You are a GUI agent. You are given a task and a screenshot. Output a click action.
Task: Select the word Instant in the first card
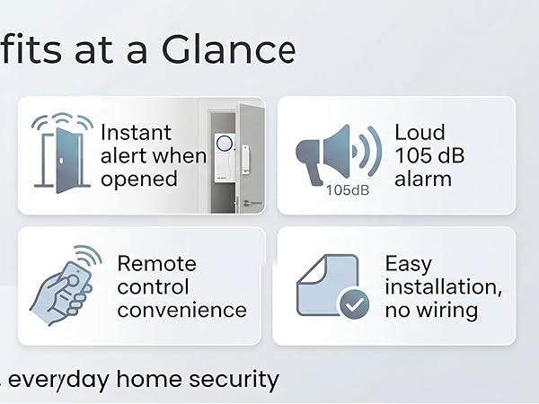[x=135, y=132]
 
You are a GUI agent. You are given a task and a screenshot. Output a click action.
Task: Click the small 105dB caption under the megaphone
[x=348, y=189]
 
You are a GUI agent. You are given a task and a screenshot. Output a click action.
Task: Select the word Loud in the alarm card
[x=419, y=132]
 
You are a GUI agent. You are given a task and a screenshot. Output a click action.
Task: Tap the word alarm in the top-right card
[x=423, y=179]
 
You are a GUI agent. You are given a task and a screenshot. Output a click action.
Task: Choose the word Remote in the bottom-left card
[x=156, y=263]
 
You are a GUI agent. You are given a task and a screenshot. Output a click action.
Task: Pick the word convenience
[x=181, y=310]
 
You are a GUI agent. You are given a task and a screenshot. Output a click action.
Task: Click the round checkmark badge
[x=352, y=305]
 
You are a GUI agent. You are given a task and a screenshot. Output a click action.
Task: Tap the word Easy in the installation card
[x=409, y=263]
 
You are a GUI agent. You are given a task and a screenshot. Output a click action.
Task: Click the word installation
[x=442, y=286]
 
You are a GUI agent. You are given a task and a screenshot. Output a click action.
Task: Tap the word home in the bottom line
[x=154, y=379]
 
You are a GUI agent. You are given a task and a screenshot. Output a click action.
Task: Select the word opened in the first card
[x=138, y=179]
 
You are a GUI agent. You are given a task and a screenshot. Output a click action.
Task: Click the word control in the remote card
[x=153, y=286]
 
